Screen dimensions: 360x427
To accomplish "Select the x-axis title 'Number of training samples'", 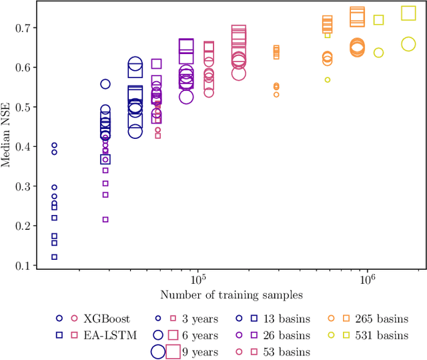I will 232,295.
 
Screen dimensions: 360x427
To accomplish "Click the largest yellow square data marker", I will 408,13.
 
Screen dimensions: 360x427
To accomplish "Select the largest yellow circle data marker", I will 409,44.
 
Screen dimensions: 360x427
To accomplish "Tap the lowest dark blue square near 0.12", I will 55,257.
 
